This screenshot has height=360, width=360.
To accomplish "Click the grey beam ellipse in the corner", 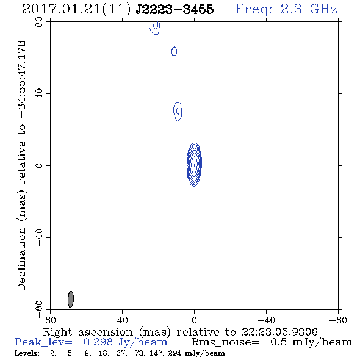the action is coord(71,299).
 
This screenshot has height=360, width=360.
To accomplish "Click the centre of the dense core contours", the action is coord(194,165).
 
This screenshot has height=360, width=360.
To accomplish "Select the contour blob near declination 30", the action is coord(178,111).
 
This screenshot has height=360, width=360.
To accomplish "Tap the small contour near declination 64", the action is coord(175,51).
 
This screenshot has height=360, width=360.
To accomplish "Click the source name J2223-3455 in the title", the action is coord(175,9).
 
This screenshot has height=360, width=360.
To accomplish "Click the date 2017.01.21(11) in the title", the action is coord(76,9).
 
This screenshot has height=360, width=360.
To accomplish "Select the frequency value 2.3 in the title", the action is coord(291,9).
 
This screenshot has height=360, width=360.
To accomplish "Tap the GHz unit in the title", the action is coord(323,9).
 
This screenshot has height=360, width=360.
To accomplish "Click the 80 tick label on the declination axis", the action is coord(39,22).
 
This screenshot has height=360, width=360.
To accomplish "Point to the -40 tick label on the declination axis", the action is coord(39,237).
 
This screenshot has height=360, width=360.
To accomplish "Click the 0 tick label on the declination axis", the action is coord(39,165).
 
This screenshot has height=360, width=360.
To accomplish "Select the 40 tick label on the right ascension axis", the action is coord(122,320).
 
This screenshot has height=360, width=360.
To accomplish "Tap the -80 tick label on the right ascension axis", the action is coord(338,320).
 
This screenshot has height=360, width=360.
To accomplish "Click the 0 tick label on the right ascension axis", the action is coord(194,320).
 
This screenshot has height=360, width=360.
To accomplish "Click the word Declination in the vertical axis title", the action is coord(21,259).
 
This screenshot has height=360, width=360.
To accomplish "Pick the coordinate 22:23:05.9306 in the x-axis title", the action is coord(279,332).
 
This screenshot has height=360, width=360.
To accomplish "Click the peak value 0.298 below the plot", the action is coord(98,342).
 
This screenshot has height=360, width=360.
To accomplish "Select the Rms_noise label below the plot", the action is coord(225,342).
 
